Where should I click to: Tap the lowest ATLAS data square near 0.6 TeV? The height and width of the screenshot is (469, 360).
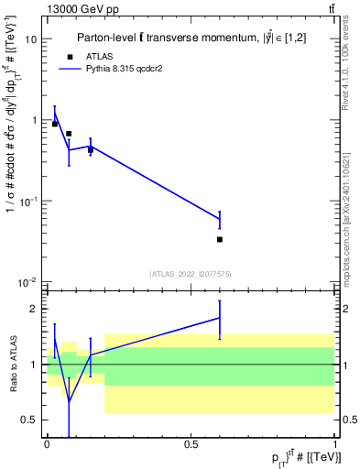pos(220,239)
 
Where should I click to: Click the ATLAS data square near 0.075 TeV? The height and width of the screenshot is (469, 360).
pos(69,134)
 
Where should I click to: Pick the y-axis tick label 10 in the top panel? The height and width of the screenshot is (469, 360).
pos(31,39)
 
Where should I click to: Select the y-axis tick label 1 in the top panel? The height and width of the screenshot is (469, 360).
pos(34,120)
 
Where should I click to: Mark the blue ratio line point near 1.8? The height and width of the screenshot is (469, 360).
pos(220,317)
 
